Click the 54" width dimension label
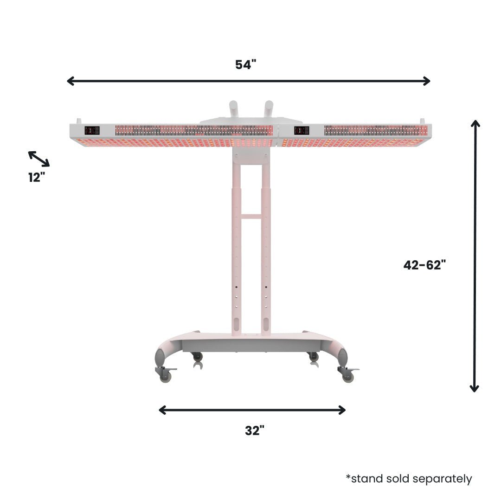(245, 65)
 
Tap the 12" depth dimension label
(36, 177)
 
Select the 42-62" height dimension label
(424, 265)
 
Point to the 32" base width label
(255, 431)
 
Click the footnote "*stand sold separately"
(409, 479)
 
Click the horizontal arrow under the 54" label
(249, 81)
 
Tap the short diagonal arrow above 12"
(39, 159)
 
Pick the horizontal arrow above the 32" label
(252, 410)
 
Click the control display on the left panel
(91, 130)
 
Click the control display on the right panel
(302, 130)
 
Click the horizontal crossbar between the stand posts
(251, 216)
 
